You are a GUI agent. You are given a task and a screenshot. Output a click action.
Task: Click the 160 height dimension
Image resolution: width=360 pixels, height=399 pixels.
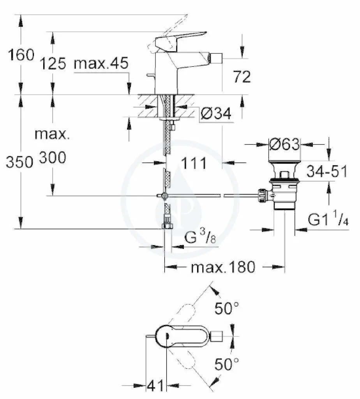21,55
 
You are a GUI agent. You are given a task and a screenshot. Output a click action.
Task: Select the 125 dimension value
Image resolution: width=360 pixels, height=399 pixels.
53,64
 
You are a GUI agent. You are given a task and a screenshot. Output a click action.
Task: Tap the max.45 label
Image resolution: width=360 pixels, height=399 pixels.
101,63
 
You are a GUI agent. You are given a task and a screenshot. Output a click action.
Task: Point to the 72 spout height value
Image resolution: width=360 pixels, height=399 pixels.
242,77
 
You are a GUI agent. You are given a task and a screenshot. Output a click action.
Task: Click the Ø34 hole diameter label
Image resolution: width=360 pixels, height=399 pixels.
216,113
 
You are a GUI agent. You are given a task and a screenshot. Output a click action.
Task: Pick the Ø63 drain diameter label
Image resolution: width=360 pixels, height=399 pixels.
284,145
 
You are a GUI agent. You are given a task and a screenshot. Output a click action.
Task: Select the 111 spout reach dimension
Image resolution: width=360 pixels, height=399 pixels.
194,163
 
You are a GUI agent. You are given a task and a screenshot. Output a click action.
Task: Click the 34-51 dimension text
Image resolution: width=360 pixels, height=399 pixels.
326,171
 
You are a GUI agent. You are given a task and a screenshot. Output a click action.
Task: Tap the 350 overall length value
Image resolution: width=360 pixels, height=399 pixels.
19,162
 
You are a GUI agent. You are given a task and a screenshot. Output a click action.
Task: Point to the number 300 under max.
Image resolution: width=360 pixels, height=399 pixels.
53,157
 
